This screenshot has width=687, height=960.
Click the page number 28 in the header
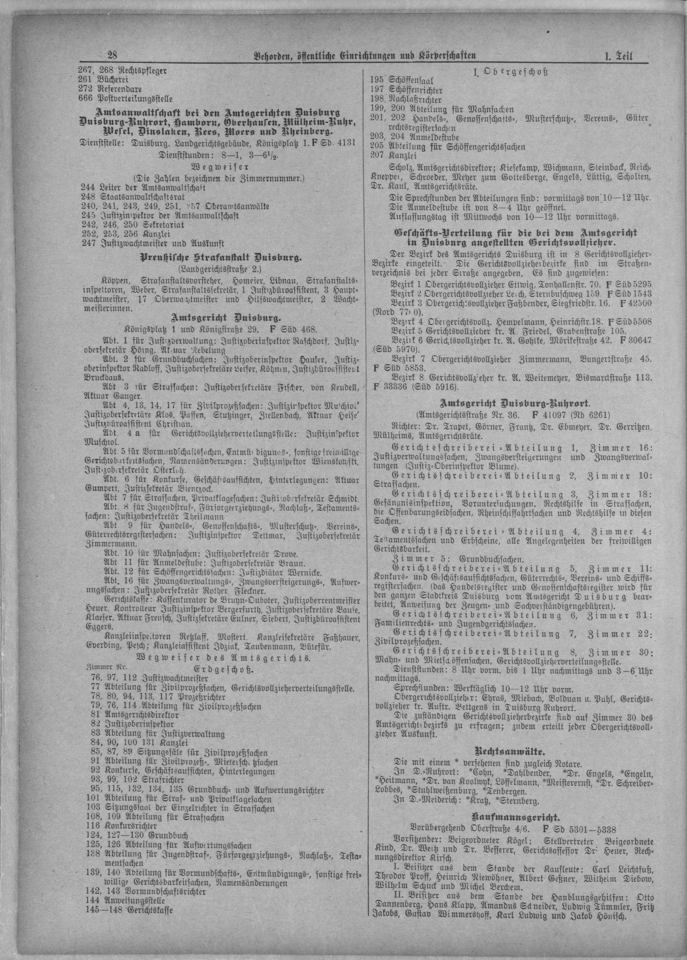[x=113, y=55]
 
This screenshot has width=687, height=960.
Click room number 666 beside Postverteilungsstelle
[x=85, y=99]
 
